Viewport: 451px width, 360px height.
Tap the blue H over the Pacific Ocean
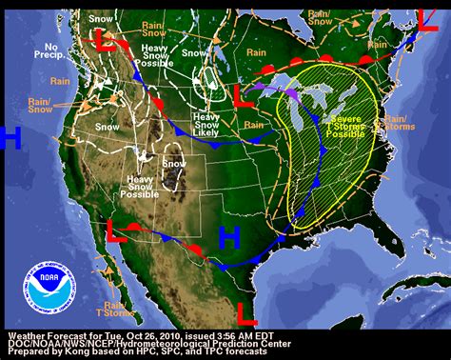[10, 138]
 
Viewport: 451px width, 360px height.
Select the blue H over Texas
[229, 238]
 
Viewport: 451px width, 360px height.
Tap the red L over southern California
[113, 230]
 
